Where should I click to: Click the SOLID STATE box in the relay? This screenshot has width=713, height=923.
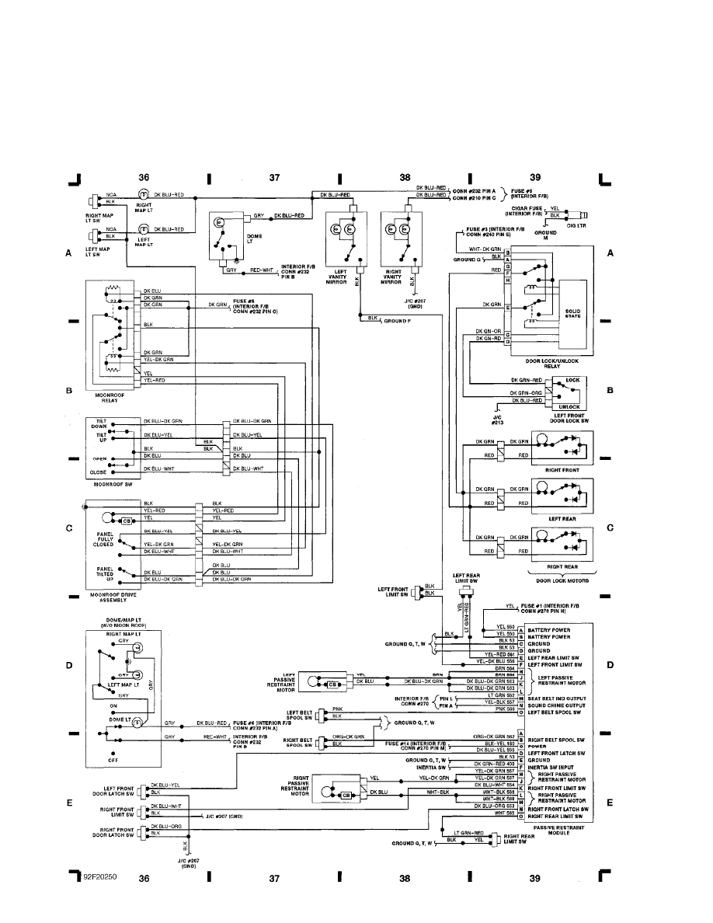tap(574, 315)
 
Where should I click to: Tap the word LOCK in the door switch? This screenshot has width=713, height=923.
tap(572, 380)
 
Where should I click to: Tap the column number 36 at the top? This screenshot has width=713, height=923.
tap(143, 178)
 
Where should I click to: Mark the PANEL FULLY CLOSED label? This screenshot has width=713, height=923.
tap(105, 540)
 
